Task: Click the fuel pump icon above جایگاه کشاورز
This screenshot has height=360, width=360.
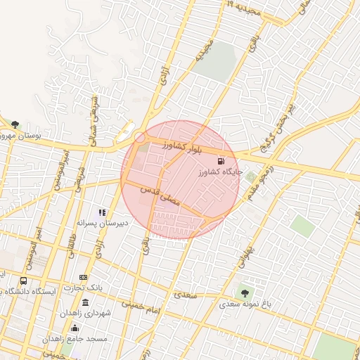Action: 223,162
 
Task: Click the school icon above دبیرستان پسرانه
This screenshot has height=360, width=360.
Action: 102,212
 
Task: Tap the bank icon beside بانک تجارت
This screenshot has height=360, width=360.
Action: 83,277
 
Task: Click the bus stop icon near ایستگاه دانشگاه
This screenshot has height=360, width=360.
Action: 23,281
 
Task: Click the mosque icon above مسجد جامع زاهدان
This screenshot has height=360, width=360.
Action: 75,328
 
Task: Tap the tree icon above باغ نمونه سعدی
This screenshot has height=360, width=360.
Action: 244,293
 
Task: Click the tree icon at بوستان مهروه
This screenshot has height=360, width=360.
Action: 15,124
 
